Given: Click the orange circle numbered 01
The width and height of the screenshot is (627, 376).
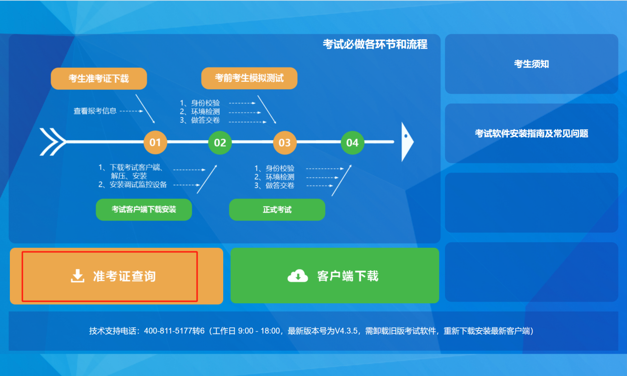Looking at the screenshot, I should [155, 143].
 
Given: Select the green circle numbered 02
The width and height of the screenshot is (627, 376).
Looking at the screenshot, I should [220, 143].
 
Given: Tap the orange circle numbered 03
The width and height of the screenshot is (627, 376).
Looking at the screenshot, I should [285, 143].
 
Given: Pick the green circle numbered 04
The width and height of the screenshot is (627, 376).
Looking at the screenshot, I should [352, 143].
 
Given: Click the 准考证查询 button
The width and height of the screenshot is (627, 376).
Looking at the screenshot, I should [116, 276].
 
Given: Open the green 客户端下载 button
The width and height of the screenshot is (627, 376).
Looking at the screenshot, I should [335, 275].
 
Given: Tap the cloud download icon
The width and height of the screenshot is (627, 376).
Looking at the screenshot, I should [298, 276].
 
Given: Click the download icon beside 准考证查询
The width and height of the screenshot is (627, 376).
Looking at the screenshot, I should [78, 276].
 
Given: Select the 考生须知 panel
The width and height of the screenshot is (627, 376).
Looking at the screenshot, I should [531, 64].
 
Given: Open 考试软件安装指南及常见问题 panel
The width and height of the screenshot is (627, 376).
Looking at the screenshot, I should [531, 133].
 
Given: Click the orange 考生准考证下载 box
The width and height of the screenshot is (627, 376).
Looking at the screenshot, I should [99, 78].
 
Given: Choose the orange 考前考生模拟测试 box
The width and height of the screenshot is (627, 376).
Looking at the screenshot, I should [249, 78].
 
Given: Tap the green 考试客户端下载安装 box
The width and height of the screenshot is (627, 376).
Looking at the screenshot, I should [144, 209].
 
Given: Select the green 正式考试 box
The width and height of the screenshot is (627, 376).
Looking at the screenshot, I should [277, 210].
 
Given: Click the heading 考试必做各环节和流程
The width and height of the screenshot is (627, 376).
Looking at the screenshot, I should [375, 45].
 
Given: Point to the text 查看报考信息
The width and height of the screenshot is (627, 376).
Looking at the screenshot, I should [95, 111].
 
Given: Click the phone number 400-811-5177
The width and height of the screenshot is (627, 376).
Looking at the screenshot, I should [168, 331].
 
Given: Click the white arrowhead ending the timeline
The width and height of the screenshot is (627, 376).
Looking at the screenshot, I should [406, 141].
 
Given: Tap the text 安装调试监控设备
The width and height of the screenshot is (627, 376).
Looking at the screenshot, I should [138, 185].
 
